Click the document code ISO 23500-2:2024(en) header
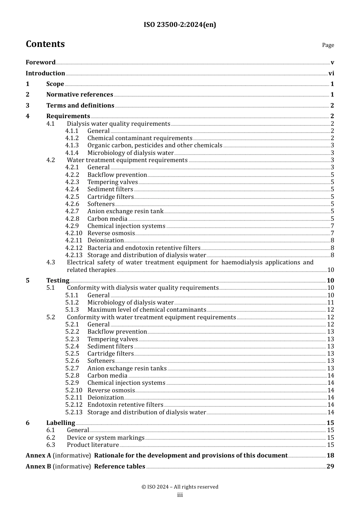pyautogui.click(x=180, y=25)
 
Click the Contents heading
pyautogui.click(x=45, y=44)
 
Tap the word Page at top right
pyautogui.click(x=328, y=45)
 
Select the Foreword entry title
pyautogui.click(x=41, y=62)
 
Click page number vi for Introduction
pyautogui.click(x=331, y=73)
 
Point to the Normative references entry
pyautogui.click(x=80, y=95)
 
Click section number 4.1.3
pyautogui.click(x=72, y=145)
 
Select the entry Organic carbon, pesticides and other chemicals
pyautogui.click(x=155, y=145)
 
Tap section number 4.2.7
pyautogui.click(x=72, y=211)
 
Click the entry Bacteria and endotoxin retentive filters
pyautogui.click(x=144, y=248)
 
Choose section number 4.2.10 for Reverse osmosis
pyautogui.click(x=73, y=233)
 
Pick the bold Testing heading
pyautogui.click(x=58, y=280)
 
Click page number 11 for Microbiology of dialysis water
pyautogui.click(x=330, y=303)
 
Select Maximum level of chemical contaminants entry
pyautogui.click(x=147, y=310)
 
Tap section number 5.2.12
pyautogui.click(x=73, y=405)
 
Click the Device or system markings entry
pyautogui.click(x=105, y=438)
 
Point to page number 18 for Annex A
pyautogui.click(x=330, y=456)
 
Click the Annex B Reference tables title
pyautogui.click(x=119, y=467)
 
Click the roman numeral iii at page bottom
pyautogui.click(x=180, y=495)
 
